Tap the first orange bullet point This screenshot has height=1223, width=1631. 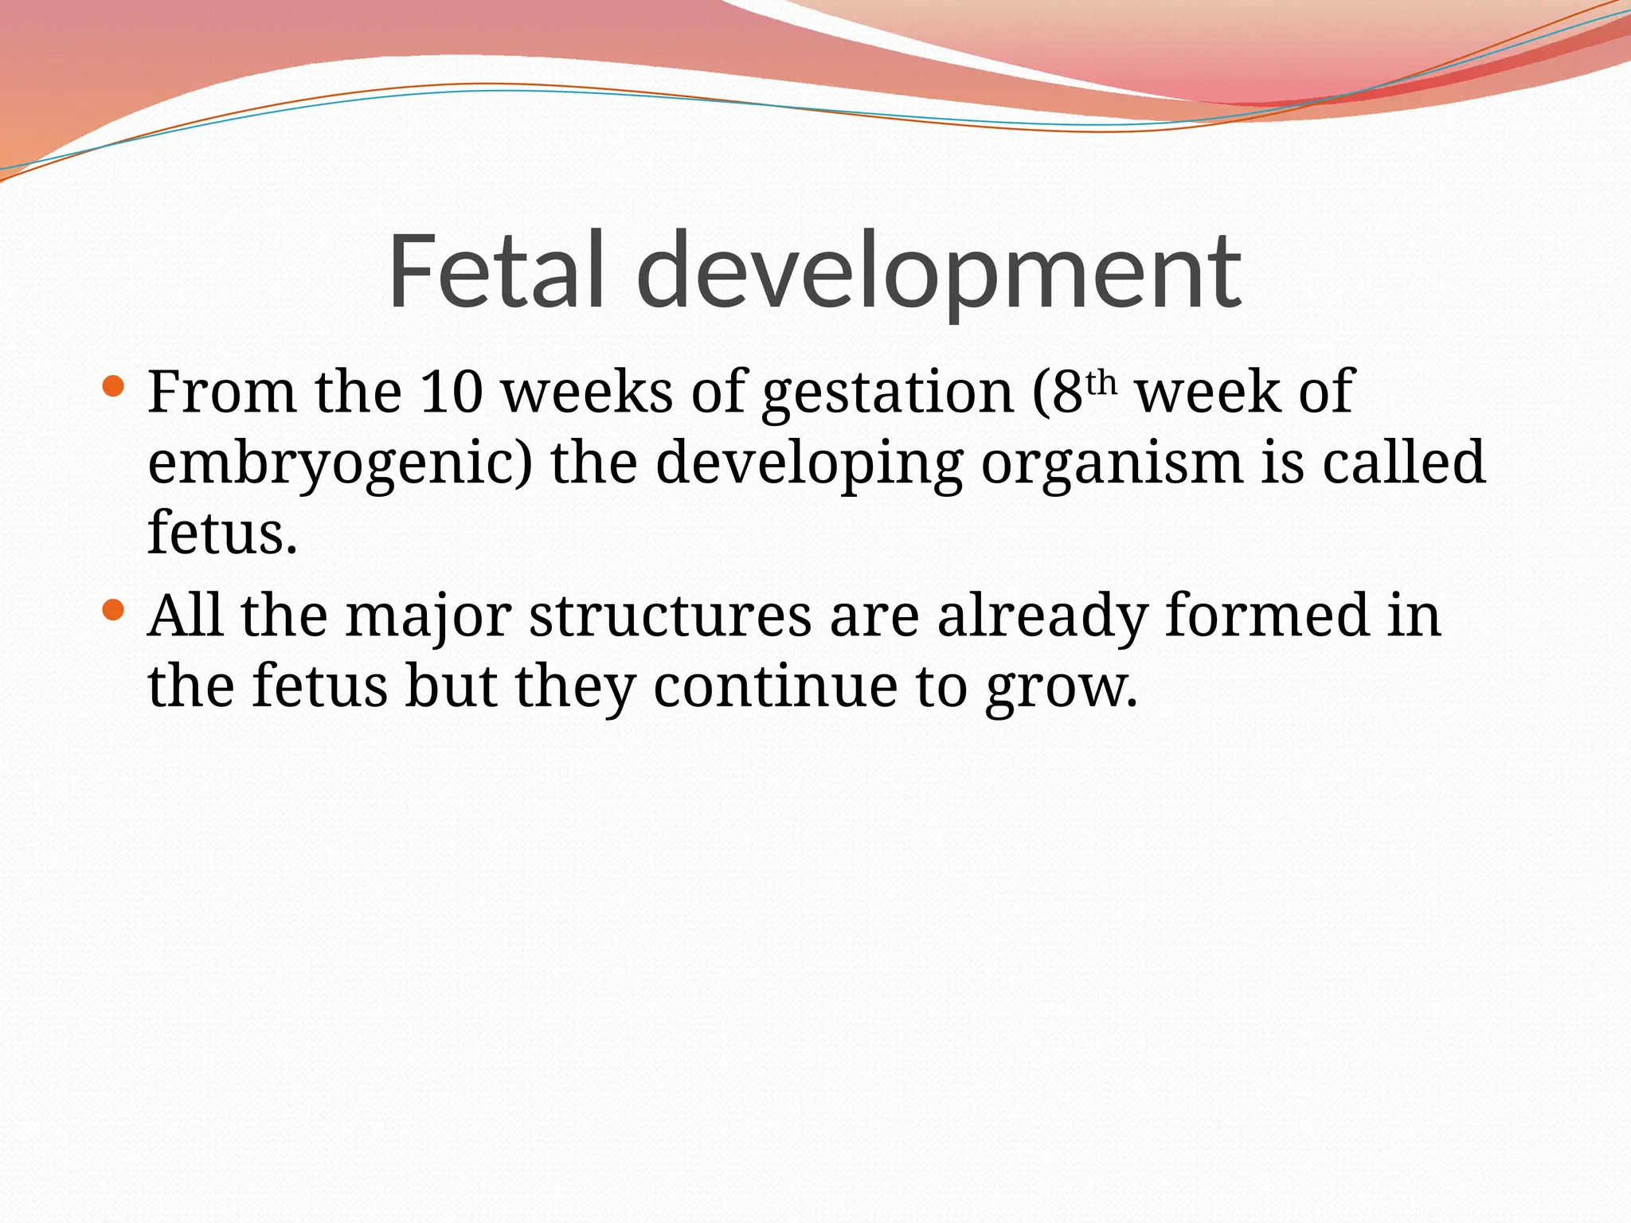coord(114,388)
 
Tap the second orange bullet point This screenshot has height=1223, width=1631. coord(114,611)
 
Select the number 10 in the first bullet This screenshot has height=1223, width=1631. coord(451,392)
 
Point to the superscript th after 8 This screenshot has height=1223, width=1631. coord(1102,384)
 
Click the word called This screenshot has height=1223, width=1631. coord(1403,462)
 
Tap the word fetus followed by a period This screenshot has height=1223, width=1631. coord(222,532)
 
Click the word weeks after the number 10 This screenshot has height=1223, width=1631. coord(587,392)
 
